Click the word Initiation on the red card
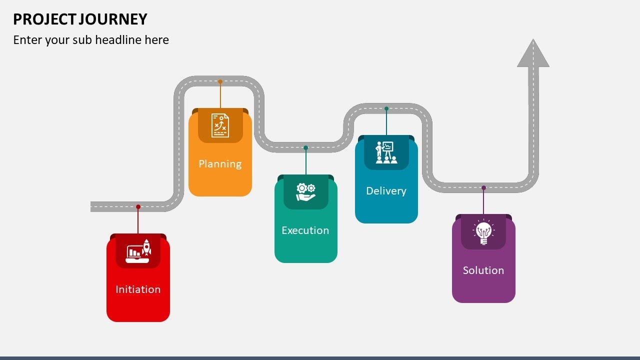pos(138,289)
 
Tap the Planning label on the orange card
pos(220,163)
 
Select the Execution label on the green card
pos(305,230)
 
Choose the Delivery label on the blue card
pos(386,190)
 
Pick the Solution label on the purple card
pos(483,270)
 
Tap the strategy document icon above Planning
pos(220,125)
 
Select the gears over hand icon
pos(305,192)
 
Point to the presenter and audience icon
pos(386,152)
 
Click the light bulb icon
pos(483,232)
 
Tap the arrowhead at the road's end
pos(533,53)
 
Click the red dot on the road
pos(138,206)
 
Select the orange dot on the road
pos(220,81)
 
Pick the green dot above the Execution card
pos(305,147)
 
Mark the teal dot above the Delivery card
pos(386,108)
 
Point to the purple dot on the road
pos(483,188)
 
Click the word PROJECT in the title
pos(44,19)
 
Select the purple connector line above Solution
pos(483,202)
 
